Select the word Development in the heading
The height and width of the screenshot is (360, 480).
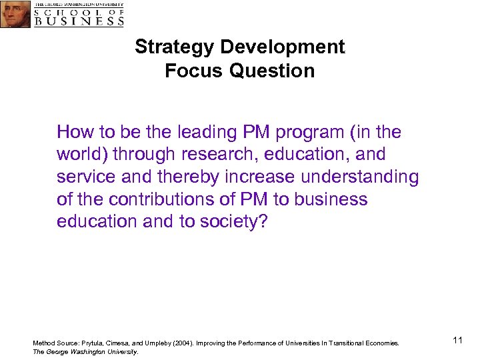[x=283, y=47]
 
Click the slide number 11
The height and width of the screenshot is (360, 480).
[x=457, y=341]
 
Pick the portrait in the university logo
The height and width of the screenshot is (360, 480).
[x=15, y=13]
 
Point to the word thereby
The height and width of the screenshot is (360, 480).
[x=190, y=177]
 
